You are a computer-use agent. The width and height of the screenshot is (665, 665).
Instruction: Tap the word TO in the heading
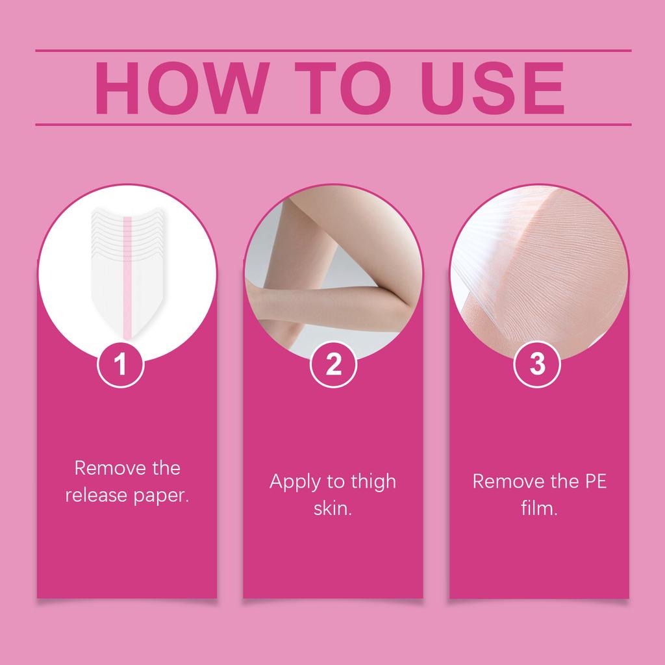pyautogui.click(x=336, y=88)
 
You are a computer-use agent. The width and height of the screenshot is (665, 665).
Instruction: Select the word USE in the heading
pyautogui.click(x=490, y=88)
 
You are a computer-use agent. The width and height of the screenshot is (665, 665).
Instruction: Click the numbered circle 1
pyautogui.click(x=120, y=365)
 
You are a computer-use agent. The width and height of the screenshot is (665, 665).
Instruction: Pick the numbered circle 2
pyautogui.click(x=333, y=365)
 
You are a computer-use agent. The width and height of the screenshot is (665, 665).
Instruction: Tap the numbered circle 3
pyautogui.click(x=537, y=365)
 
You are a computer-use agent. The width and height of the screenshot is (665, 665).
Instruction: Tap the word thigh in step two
pyautogui.click(x=370, y=483)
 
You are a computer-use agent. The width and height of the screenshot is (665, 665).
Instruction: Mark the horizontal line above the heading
pyautogui.click(x=332, y=50)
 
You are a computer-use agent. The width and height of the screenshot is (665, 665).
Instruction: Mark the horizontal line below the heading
pyautogui.click(x=332, y=124)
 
